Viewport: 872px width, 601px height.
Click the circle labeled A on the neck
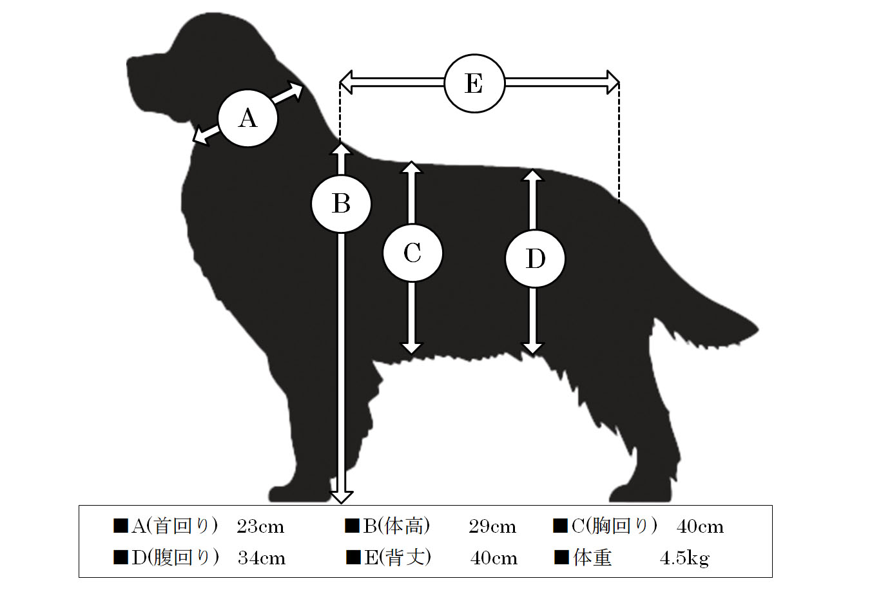248,119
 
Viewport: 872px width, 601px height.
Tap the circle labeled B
342,204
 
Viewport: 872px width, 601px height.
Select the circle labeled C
412,253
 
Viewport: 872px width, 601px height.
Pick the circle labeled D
536,259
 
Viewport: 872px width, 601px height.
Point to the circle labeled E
474,83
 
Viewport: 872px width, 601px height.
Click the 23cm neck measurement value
260,527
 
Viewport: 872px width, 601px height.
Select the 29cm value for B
492,527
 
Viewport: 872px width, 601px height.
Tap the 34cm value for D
262,558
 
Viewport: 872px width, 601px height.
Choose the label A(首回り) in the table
175,526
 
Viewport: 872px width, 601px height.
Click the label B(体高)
396,526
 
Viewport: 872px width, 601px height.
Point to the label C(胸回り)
614,526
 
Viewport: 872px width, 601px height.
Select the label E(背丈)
398,558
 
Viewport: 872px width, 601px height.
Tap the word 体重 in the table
592,558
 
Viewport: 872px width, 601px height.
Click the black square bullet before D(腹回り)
121,557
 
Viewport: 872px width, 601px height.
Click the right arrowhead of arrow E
613,82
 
